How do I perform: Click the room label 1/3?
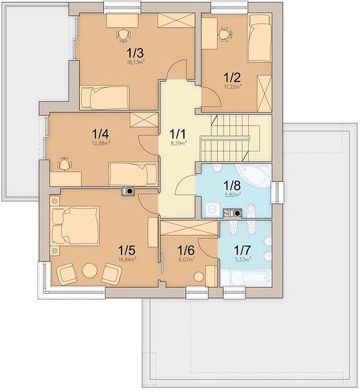135,53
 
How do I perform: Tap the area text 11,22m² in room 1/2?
233,87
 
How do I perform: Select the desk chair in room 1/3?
123,36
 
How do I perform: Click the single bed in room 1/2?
259,38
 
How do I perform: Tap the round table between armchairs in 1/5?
90,270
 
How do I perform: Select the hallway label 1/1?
177,135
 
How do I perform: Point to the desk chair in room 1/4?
64,164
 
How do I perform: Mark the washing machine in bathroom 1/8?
212,209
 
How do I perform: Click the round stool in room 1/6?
199,277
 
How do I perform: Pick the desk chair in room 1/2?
225,34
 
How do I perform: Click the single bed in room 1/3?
105,97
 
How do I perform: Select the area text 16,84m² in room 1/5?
127,259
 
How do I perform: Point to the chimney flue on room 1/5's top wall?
129,191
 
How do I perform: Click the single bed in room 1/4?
133,174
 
